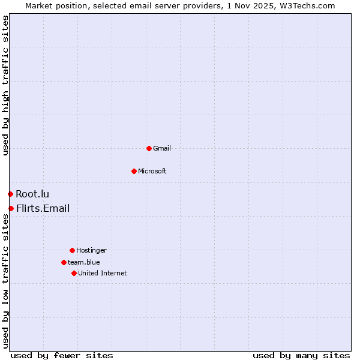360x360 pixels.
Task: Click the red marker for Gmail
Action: tap(149, 148)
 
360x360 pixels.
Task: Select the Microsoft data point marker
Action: tap(134, 171)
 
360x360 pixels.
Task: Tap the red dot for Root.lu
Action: tap(10, 194)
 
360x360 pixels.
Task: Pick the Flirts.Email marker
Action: tap(11, 208)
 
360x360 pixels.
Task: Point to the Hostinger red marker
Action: tap(72, 250)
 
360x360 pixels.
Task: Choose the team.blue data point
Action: tap(64, 262)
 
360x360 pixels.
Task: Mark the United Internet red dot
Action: tap(74, 273)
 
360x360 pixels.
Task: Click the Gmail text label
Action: tap(162, 148)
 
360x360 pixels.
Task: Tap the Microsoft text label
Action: tap(152, 171)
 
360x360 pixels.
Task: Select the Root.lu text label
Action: tap(32, 194)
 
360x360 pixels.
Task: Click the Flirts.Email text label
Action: tap(43, 208)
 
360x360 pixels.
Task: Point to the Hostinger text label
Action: tap(91, 250)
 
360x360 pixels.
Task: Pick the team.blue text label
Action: tap(84, 262)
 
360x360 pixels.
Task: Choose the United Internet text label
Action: tap(103, 273)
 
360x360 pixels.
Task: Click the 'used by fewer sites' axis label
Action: tap(62, 355)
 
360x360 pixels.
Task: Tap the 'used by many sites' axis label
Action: tap(301, 355)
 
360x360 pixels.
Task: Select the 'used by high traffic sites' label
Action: tap(5, 85)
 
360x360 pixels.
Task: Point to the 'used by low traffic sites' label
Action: tap(5, 281)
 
